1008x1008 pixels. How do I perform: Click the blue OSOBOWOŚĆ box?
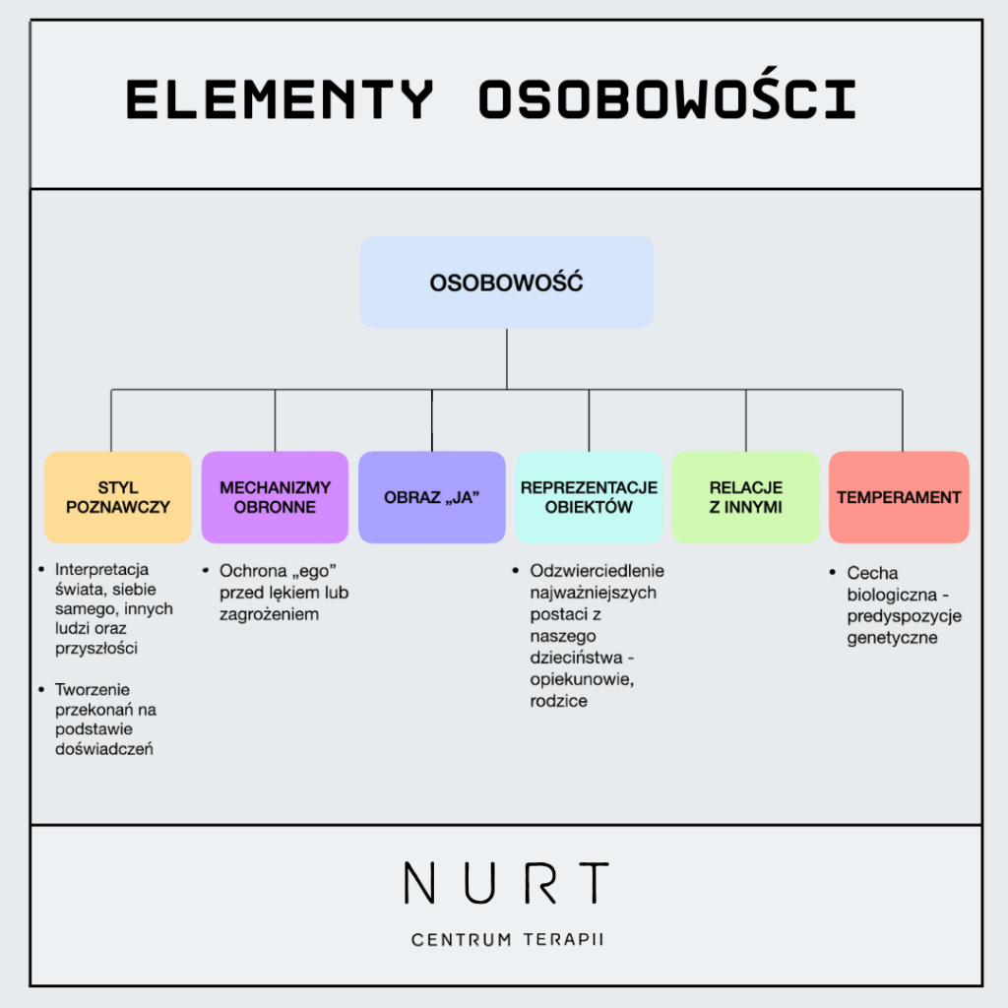pyautogui.click(x=506, y=283)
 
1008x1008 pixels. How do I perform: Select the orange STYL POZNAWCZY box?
pyautogui.click(x=118, y=497)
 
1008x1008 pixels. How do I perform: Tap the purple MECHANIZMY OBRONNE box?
pyautogui.click(x=275, y=497)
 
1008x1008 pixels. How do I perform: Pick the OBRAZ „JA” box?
pyautogui.click(x=431, y=497)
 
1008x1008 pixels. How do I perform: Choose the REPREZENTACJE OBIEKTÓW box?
pyautogui.click(x=589, y=497)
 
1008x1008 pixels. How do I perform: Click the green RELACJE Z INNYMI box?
pyautogui.click(x=745, y=497)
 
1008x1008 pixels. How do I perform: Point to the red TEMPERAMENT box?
pyautogui.click(x=899, y=497)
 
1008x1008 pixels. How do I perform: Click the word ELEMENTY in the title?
pyautogui.click(x=280, y=99)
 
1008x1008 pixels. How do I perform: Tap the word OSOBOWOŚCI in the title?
pyautogui.click(x=667, y=99)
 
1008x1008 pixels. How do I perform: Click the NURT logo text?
pyautogui.click(x=506, y=883)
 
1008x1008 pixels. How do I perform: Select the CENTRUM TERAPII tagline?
pyautogui.click(x=507, y=939)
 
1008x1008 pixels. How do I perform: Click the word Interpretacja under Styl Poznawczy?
pyautogui.click(x=101, y=569)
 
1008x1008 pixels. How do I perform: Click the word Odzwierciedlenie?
pyautogui.click(x=597, y=571)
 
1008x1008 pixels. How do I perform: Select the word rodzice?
pyautogui.click(x=558, y=701)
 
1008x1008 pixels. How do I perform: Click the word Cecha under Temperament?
pyautogui.click(x=872, y=573)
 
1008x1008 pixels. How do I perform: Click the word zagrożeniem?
pyautogui.click(x=269, y=614)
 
